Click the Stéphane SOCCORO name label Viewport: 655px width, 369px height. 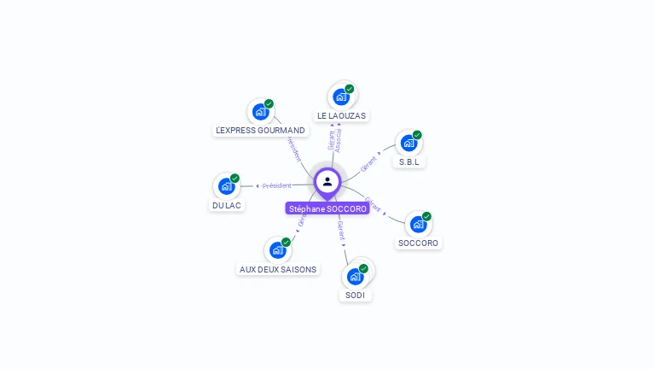(327, 208)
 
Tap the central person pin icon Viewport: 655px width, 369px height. (327, 182)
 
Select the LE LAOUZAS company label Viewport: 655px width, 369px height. (342, 115)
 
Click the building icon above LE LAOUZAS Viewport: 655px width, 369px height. (341, 97)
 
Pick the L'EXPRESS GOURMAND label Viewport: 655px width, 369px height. (261, 131)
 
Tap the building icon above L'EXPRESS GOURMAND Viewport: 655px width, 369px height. (260, 111)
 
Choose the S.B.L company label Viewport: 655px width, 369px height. (409, 161)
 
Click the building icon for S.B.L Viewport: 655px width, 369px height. (409, 143)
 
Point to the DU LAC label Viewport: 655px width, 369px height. (226, 206)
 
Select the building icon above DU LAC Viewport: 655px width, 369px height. (226, 186)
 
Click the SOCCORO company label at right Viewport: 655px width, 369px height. (418, 243)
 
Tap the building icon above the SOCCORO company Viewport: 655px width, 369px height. (418, 224)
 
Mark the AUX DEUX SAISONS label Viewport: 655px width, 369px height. (278, 269)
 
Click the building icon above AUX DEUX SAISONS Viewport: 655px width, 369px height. (277, 249)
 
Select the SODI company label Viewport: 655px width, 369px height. (355, 296)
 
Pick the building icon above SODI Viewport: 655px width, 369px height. (355, 276)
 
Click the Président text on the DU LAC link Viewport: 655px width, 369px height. (277, 185)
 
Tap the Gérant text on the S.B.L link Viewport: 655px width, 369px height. (368, 164)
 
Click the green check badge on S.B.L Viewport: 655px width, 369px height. (417, 135)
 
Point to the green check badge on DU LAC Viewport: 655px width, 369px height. (235, 179)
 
